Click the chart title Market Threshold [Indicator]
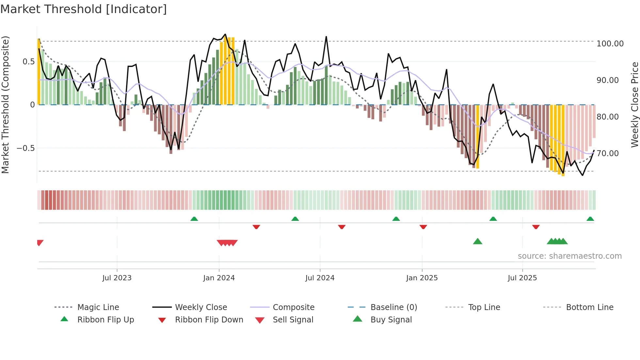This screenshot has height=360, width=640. coord(84,9)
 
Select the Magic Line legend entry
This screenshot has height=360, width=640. coord(98,307)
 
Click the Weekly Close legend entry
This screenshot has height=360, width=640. coord(201,307)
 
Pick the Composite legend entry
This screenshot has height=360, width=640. coord(293,307)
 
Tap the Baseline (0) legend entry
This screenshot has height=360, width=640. coord(393,307)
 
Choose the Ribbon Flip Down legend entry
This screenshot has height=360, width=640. coord(209,319)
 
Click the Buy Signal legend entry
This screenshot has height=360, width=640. coord(391,319)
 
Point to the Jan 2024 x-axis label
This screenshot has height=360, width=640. coord(219,278)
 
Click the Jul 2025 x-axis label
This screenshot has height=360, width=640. coord(522,278)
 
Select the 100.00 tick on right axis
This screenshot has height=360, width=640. coord(610,43)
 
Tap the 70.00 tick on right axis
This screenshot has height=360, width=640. coord(607,153)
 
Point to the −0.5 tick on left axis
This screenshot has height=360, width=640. coord(25,148)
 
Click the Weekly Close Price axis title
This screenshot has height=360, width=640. coord(634,105)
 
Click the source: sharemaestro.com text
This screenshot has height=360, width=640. coord(569,256)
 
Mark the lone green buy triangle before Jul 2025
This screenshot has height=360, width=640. coord(477,241)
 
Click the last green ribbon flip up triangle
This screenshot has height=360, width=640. coord(590,219)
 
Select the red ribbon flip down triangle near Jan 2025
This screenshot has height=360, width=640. coord(423,227)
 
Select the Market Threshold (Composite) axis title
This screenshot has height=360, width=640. coord(5,105)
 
